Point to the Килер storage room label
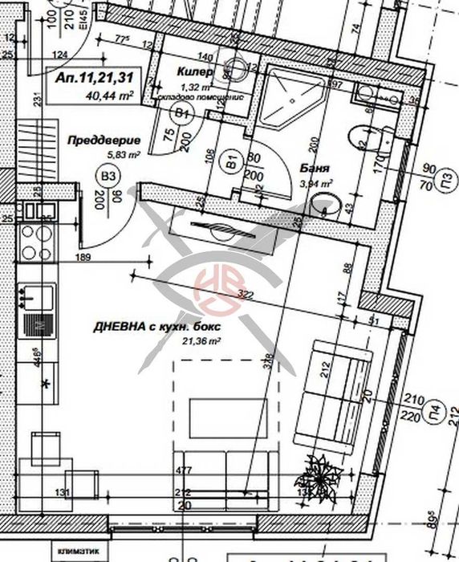click(x=195, y=72)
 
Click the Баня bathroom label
click(x=314, y=169)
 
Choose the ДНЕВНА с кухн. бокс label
click(x=156, y=327)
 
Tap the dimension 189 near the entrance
click(x=83, y=257)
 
